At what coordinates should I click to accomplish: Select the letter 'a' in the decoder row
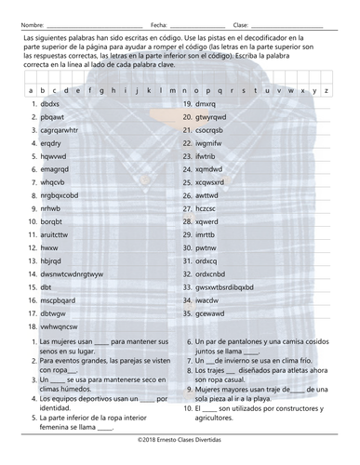point(30,90)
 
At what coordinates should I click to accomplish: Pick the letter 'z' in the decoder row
point(326,90)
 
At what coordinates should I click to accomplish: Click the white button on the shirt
point(180,171)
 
